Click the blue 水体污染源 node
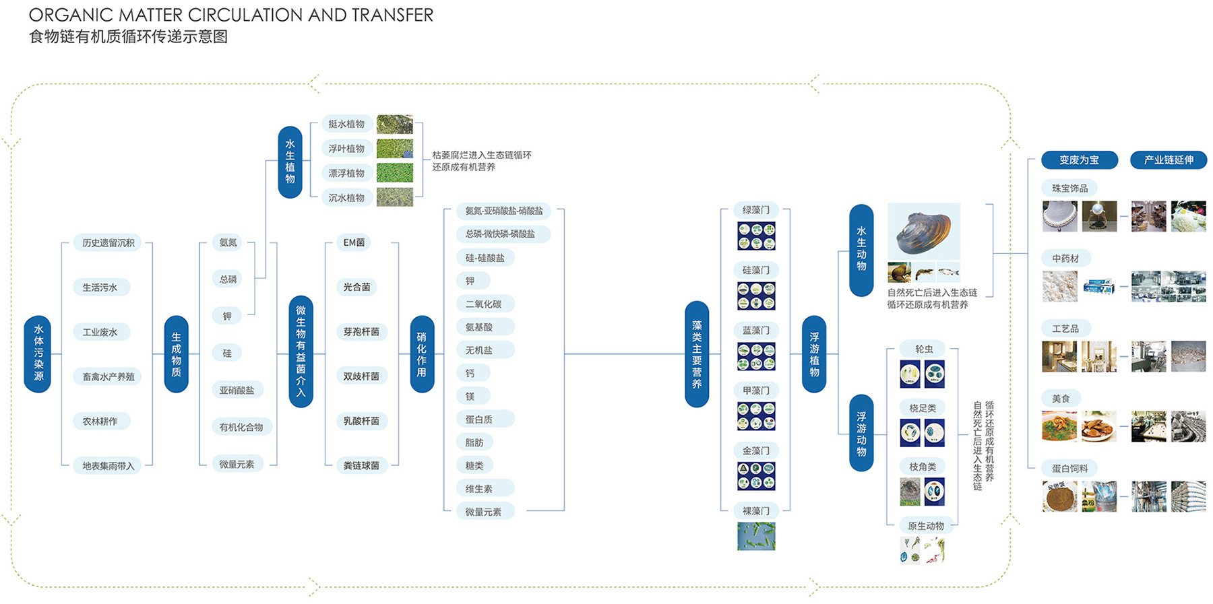pos(38,354)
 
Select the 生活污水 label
pos(100,288)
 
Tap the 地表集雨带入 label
pos(108,465)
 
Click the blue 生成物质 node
pos(176,354)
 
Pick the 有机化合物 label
pos(241,427)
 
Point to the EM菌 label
pos(354,242)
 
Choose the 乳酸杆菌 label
pos(361,421)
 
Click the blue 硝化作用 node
pos(422,354)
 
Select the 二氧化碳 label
pos(484,304)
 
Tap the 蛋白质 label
pos(479,419)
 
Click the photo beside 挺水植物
pos(395,124)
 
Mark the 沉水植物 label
pos(346,198)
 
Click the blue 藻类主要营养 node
pos(697,354)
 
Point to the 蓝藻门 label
pos(756,330)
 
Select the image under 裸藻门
pos(756,536)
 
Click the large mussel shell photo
pos(923,232)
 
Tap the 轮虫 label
pos(925,349)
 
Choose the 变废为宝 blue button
pos(1079,160)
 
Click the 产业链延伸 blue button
pos(1168,160)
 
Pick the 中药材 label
pos(1065,258)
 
